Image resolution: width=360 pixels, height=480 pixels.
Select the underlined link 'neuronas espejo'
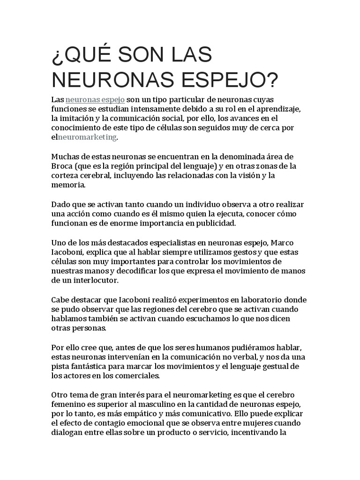pyautogui.click(x=95, y=100)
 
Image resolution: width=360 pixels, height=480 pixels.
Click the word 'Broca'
pyautogui.click(x=63, y=166)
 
